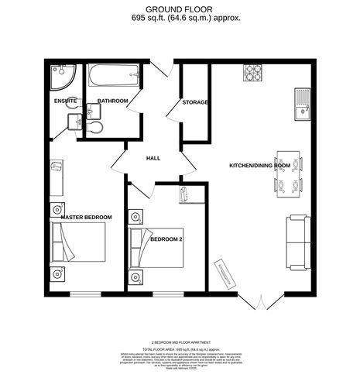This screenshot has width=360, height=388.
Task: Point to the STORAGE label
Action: (195, 102)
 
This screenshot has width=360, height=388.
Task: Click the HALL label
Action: (153, 158)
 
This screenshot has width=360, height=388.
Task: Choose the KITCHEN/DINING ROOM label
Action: (259, 166)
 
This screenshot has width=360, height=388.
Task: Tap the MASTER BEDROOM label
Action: (86, 217)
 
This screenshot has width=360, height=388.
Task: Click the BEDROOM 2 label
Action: (165, 239)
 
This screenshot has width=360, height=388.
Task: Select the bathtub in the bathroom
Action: (115, 77)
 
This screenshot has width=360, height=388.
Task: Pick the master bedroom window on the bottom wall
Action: (85, 294)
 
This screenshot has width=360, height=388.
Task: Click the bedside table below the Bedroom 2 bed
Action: (136, 278)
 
